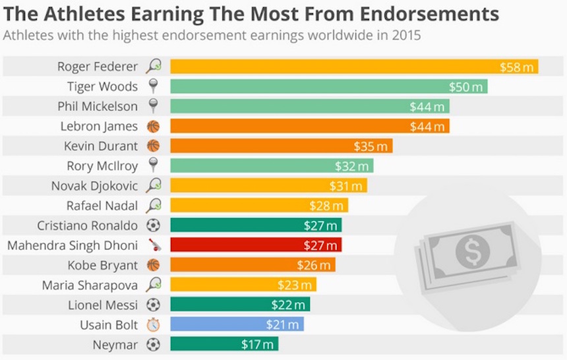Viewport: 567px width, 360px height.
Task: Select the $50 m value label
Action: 466,86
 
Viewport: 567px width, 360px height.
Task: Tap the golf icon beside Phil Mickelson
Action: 153,106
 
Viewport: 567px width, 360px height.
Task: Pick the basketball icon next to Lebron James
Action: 153,126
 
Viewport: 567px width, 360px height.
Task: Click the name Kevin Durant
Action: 101,146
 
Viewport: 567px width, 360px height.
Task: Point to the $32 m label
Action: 351,165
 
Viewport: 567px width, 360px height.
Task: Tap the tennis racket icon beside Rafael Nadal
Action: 153,206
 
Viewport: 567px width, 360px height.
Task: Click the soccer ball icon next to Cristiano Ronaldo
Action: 153,225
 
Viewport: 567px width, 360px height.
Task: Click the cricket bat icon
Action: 153,245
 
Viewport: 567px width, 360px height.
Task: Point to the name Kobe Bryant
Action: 103,265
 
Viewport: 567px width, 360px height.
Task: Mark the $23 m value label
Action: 295,285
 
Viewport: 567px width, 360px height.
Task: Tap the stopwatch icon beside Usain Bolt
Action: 153,324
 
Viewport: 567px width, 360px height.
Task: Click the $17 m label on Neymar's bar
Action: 256,344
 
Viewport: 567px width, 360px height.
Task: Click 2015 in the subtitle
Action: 407,35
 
